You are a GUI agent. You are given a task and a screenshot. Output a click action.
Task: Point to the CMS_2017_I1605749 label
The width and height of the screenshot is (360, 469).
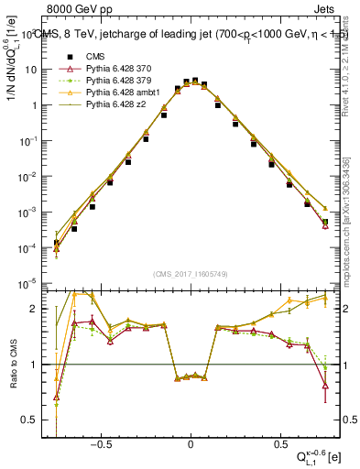190,274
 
